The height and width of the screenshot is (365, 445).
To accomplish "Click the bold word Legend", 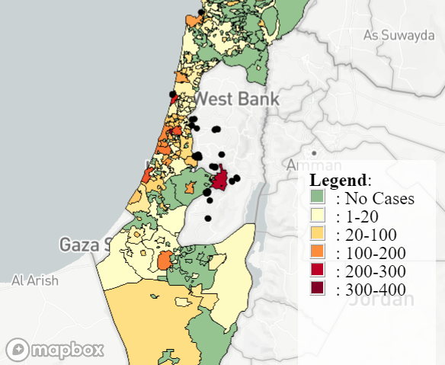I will [x=338, y=181].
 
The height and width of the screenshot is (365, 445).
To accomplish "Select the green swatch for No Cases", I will [x=318, y=197].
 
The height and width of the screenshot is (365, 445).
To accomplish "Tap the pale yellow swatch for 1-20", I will [x=318, y=216].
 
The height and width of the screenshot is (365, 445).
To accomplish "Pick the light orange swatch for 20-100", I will [x=318, y=234].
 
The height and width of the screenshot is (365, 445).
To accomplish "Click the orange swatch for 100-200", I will [x=318, y=252].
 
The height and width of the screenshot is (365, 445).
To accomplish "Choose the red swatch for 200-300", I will [x=318, y=271].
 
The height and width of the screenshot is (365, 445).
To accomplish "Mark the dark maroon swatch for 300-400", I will [x=318, y=288].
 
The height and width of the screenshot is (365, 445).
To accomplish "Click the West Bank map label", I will [x=237, y=99].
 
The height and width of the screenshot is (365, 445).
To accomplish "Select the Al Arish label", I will [x=34, y=280].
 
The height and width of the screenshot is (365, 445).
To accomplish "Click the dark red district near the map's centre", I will [x=221, y=180].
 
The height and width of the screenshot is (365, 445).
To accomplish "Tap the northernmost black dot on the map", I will [x=200, y=12].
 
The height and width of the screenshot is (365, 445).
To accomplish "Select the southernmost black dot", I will [x=208, y=219].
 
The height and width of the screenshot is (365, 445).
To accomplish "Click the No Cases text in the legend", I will [x=379, y=199].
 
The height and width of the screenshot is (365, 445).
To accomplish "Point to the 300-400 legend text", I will [x=376, y=289].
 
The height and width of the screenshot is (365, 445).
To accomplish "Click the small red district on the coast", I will [x=173, y=98].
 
